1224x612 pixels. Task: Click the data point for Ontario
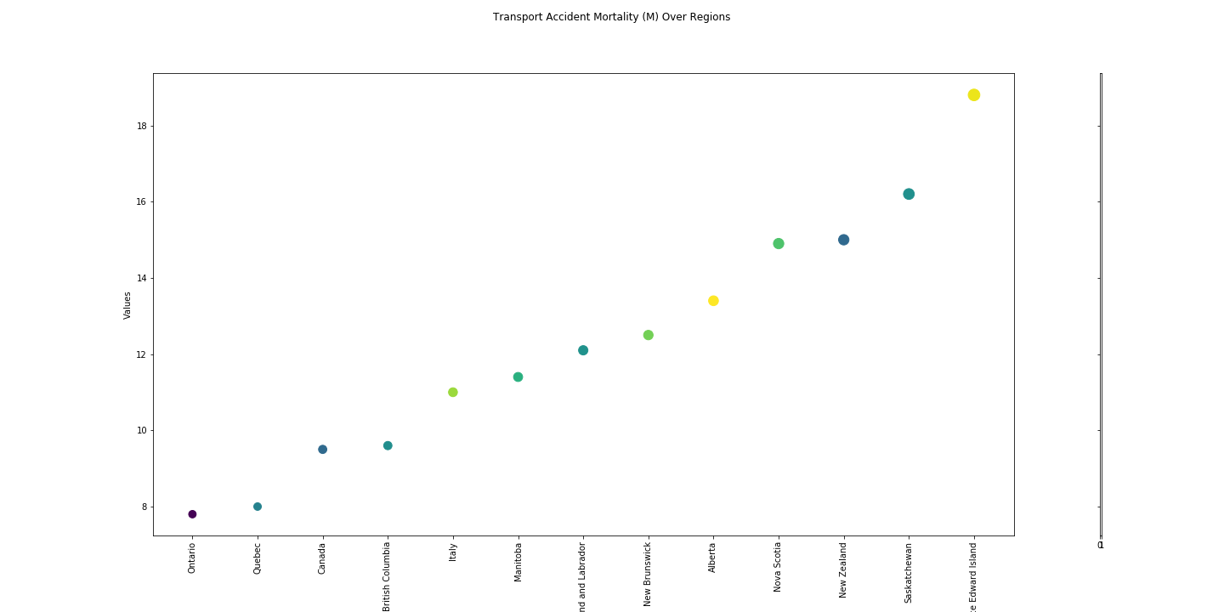(192, 514)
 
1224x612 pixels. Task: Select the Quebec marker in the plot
(258, 507)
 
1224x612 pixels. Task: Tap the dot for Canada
(323, 450)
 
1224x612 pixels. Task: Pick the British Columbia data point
(388, 445)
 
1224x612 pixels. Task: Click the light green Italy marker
(453, 392)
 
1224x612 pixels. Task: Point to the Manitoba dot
(518, 377)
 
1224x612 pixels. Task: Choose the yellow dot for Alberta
(713, 301)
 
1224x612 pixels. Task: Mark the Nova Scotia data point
(779, 244)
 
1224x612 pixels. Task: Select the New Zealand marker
(843, 240)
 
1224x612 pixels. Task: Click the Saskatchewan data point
(909, 194)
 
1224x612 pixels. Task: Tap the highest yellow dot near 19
(974, 95)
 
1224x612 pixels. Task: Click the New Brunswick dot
(649, 335)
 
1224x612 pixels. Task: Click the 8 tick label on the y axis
(144, 507)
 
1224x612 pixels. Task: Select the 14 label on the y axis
(142, 278)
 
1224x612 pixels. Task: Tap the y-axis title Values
(127, 305)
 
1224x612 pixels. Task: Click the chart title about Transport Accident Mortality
(611, 17)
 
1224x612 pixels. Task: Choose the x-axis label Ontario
(192, 558)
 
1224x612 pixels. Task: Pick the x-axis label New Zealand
(843, 570)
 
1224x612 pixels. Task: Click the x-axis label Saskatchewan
(909, 573)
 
